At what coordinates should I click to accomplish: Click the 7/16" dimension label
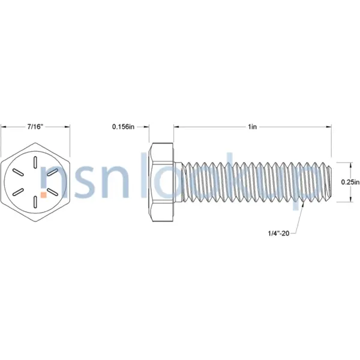tap(35, 127)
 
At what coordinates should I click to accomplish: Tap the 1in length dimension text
tap(253, 127)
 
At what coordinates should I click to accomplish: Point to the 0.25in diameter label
tap(349, 182)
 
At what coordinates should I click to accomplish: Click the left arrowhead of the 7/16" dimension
tap(3, 127)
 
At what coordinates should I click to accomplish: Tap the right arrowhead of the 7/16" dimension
tap(68, 127)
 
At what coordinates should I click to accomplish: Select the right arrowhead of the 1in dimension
tap(329, 127)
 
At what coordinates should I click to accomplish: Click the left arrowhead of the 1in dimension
tap(177, 127)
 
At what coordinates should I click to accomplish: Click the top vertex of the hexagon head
tap(36, 142)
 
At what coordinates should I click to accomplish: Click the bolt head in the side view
tap(161, 182)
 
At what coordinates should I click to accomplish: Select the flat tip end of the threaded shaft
tap(331, 182)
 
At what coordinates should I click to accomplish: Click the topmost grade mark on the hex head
tap(36, 161)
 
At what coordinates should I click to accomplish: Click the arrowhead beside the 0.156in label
tap(146, 127)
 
